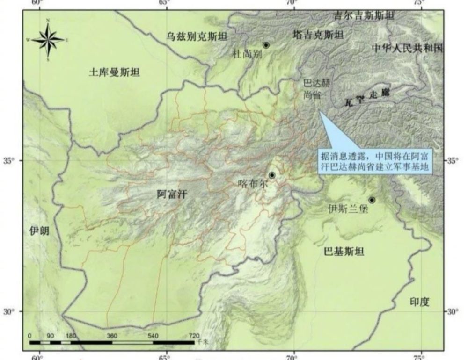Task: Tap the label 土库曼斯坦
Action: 114,72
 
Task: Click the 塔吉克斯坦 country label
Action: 318,35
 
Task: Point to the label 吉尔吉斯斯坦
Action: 364,15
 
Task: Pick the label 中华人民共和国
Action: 407,48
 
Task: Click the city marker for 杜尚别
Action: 266,45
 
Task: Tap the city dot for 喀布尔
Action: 272,175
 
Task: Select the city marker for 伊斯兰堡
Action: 372,200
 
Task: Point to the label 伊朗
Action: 39,230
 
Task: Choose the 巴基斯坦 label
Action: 344,252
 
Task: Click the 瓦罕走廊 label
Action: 367,97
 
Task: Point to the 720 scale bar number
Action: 193,336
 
